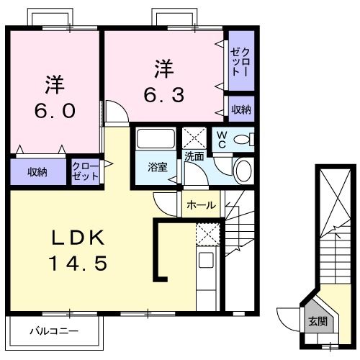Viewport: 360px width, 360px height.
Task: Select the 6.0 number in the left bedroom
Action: click(53, 111)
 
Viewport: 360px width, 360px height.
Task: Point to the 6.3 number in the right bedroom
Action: click(165, 93)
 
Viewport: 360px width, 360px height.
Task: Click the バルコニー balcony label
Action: click(54, 332)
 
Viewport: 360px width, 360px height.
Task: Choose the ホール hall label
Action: click(201, 205)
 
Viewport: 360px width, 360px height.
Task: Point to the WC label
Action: click(221, 139)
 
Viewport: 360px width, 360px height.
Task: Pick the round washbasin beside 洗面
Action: click(244, 171)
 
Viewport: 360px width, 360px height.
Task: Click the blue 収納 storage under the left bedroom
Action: click(38, 171)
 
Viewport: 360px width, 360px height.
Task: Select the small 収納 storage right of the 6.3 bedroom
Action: click(241, 109)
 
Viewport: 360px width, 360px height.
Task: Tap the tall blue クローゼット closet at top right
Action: click(241, 63)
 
